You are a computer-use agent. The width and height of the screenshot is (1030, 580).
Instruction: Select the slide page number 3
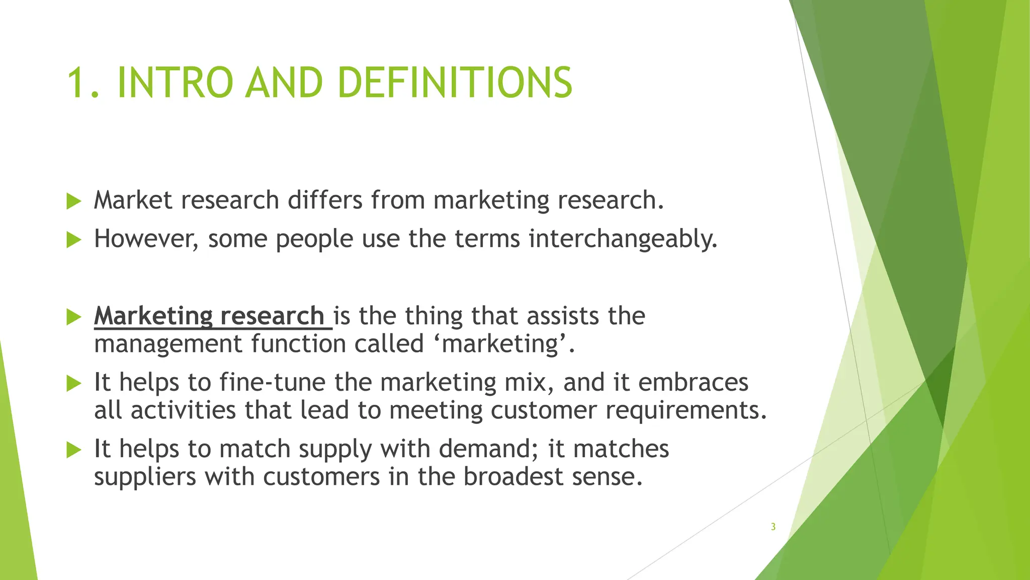click(x=773, y=527)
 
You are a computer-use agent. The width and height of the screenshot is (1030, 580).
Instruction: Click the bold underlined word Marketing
click(x=153, y=316)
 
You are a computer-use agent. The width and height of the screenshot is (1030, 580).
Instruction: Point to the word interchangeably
click(x=623, y=239)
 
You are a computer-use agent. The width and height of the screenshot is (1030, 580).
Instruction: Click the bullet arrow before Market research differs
click(x=73, y=201)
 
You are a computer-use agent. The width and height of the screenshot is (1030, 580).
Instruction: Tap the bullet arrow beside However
click(x=73, y=240)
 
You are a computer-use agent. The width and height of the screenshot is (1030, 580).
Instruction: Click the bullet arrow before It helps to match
click(x=73, y=450)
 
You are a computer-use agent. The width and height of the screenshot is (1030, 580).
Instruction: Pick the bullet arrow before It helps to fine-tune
click(x=73, y=384)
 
